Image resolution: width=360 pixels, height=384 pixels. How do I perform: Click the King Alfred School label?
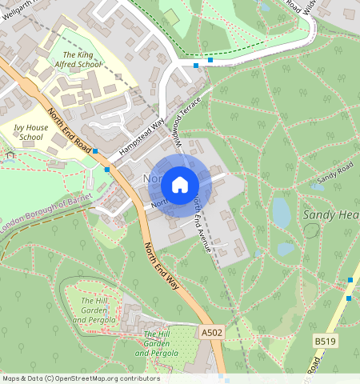[78, 58]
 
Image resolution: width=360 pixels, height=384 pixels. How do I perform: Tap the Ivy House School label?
[31, 132]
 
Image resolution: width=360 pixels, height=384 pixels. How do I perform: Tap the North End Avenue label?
[202, 225]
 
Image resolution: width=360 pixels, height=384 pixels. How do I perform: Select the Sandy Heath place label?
[330, 215]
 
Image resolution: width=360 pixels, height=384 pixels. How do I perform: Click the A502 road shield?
[212, 332]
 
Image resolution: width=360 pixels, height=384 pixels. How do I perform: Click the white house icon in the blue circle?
[180, 185]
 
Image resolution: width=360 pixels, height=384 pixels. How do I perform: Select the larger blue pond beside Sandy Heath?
[282, 212]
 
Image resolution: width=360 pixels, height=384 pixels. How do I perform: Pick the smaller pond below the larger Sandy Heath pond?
[286, 249]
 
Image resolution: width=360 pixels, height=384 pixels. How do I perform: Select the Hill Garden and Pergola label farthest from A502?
[94, 310]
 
